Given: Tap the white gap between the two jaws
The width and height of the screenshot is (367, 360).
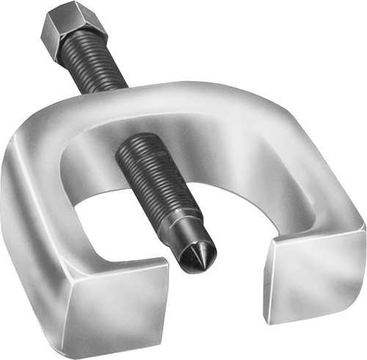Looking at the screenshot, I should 220,294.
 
